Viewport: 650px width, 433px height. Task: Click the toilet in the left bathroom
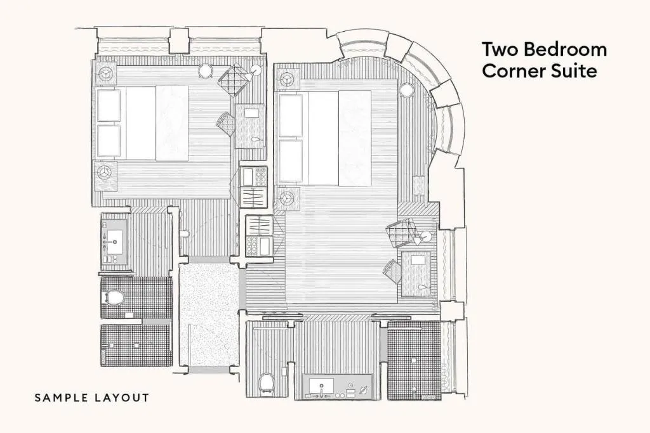(113, 297)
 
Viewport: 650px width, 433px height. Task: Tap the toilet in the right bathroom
(267, 382)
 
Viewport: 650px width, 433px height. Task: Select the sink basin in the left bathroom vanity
(114, 241)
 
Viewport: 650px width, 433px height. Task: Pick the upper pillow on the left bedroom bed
(109, 105)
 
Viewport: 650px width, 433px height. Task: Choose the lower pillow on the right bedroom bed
(291, 161)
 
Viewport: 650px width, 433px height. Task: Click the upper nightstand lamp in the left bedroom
(106, 74)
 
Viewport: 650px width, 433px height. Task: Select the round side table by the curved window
(407, 90)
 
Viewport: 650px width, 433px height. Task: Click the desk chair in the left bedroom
(225, 123)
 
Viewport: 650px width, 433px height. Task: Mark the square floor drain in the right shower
(414, 361)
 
